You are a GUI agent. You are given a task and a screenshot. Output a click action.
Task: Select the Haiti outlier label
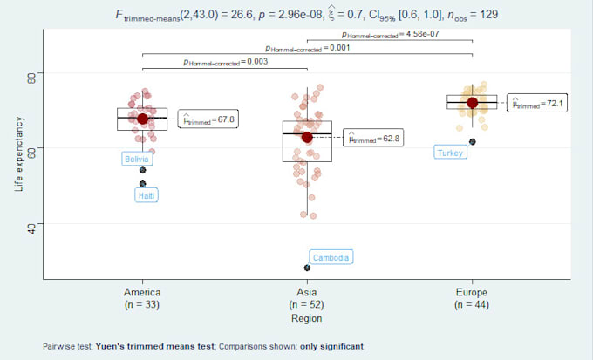147,196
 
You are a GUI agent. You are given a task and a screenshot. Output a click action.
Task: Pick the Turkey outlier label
450,153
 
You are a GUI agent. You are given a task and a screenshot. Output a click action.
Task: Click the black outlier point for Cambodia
307,268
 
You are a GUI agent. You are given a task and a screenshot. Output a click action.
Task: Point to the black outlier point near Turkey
472,141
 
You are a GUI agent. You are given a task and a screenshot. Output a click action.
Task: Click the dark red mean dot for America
143,119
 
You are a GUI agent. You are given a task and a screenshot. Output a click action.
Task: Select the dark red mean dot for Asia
307,137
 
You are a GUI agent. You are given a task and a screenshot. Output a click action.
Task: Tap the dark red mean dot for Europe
472,103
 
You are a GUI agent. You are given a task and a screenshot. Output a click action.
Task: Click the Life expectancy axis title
18,154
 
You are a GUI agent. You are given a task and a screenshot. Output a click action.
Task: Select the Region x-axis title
307,319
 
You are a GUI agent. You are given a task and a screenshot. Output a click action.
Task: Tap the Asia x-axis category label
307,293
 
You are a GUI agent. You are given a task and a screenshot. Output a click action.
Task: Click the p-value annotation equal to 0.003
225,62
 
